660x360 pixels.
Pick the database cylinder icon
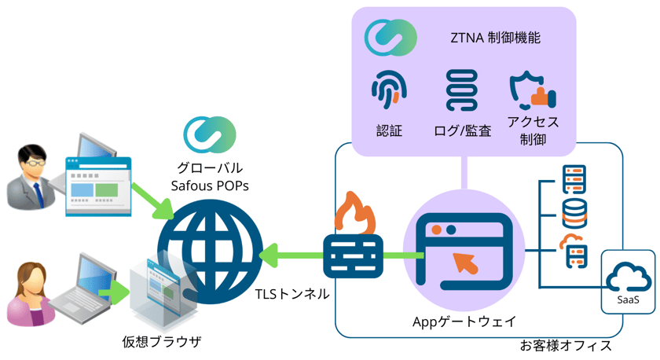[x=576, y=211]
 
